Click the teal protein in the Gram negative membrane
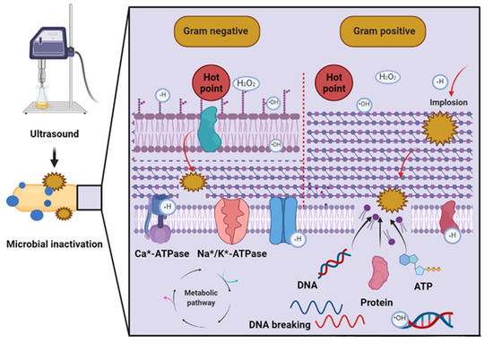205,131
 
